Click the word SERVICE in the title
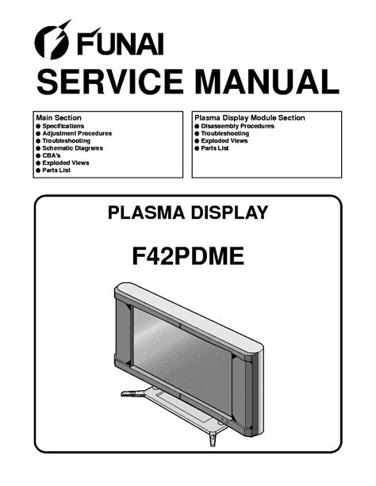[109, 81]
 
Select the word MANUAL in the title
[267, 81]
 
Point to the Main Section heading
[59, 118]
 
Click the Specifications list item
[63, 126]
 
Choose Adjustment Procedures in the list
[77, 133]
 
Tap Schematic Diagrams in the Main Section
[73, 148]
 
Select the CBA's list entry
[52, 155]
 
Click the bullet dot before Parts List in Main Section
[38, 170]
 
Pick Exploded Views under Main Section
[66, 163]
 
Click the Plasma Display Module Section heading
[250, 118]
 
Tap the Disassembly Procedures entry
[238, 126]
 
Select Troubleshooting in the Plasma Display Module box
[225, 133]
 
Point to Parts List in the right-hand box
[215, 148]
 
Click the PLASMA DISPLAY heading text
[188, 212]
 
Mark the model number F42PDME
[188, 256]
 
